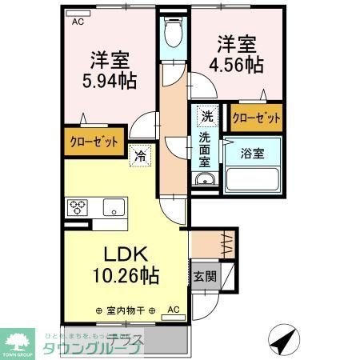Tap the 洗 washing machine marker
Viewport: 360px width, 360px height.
coord(207,116)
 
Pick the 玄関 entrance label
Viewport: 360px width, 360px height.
coord(202,278)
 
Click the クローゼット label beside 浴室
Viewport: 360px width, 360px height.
coord(256,118)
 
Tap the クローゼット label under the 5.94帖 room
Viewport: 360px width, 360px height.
coord(90,141)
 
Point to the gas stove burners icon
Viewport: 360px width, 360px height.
coord(78,208)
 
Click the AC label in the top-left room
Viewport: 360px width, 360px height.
coord(78,22)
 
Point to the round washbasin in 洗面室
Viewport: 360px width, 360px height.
coord(206,181)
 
